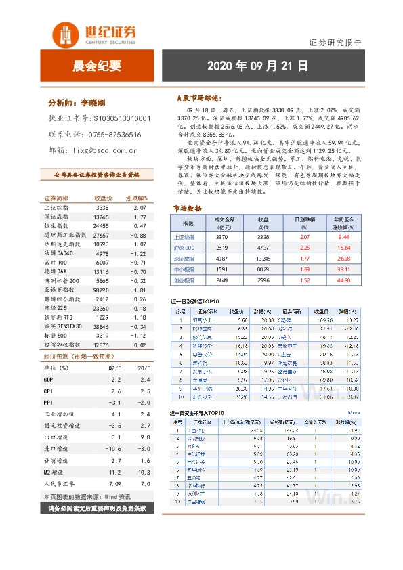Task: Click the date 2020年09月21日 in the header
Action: tap(257, 66)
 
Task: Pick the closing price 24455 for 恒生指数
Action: tap(101, 225)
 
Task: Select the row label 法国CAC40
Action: tap(62, 253)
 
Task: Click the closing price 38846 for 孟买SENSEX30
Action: tap(101, 326)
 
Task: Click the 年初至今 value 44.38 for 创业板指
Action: tap(343, 280)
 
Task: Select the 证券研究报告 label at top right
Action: tap(335, 42)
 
